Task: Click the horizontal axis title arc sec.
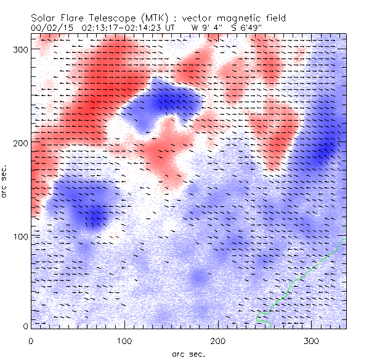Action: click(188, 353)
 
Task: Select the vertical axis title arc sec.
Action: click(6, 182)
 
